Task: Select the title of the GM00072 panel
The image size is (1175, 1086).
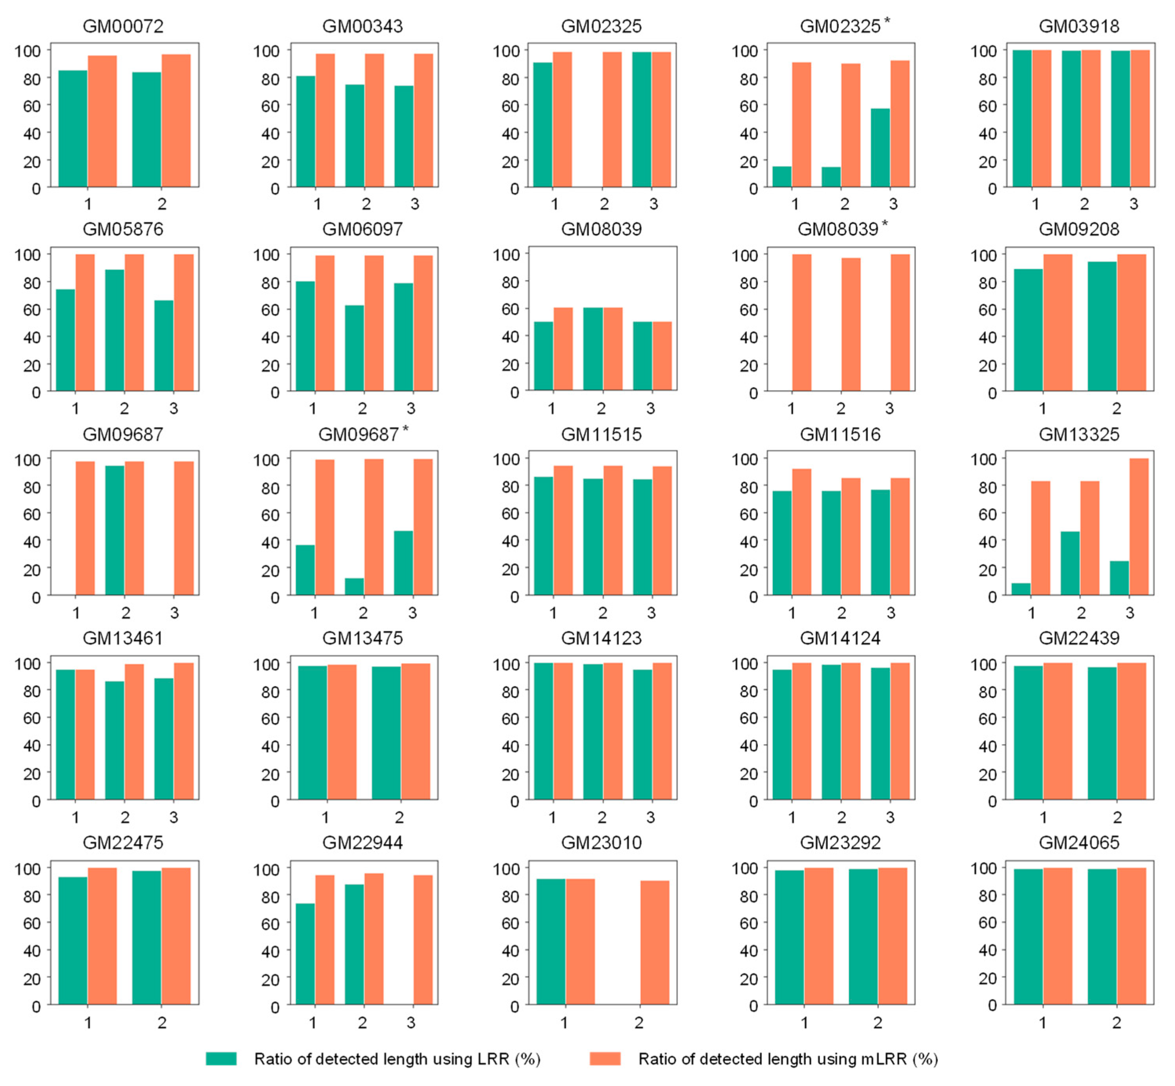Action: point(123,26)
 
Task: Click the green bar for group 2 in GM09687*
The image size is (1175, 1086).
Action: point(354,587)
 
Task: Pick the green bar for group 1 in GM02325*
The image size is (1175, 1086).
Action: point(782,176)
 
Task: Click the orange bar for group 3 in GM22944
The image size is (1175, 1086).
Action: point(423,940)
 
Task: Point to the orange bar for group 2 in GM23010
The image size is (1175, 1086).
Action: point(655,942)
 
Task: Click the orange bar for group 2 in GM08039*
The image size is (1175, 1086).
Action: point(850,325)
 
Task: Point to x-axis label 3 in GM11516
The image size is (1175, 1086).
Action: point(891,613)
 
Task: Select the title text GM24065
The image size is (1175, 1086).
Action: point(1079,842)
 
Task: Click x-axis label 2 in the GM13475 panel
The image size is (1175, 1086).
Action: point(399,817)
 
